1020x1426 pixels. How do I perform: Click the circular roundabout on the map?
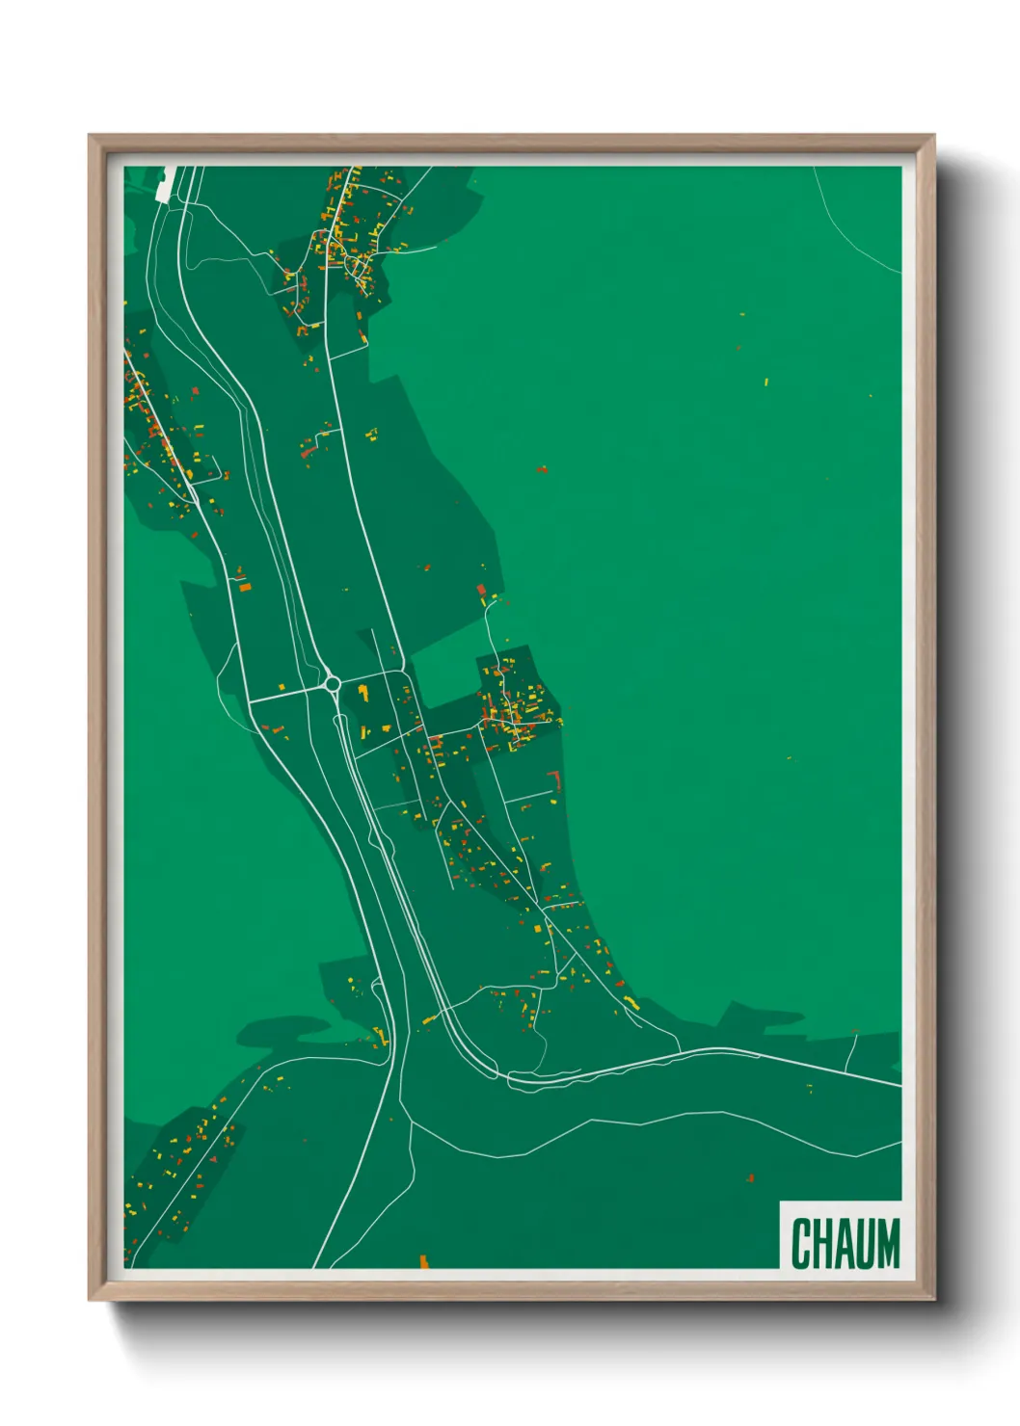coord(333,684)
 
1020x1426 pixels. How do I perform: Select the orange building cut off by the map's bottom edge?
coord(422,1261)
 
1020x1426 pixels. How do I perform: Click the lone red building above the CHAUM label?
coord(750,1177)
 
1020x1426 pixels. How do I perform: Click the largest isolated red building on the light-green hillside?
coord(541,470)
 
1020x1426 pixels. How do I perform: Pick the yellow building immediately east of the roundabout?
coord(363,690)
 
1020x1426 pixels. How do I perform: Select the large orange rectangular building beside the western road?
coord(245,586)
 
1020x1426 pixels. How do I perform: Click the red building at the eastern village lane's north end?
coord(481,590)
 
